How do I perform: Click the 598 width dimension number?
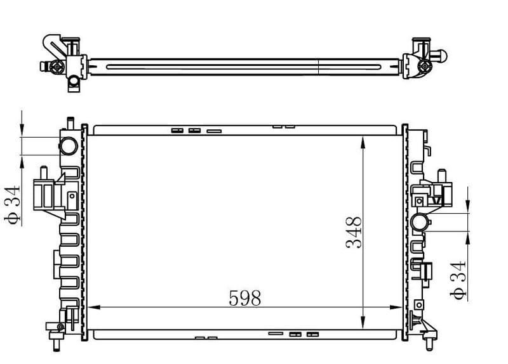coord(244,298)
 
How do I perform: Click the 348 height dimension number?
coord(354,232)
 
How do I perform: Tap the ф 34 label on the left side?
coord(13,205)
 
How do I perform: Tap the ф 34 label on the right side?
coord(458,280)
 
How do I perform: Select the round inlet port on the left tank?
coord(69,146)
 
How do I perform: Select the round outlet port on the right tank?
coord(420,223)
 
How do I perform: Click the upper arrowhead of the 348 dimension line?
coord(363,142)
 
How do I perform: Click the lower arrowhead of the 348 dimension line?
coord(363,323)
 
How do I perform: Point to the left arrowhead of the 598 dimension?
coord(94,307)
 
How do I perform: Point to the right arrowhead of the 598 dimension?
coord(396,307)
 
